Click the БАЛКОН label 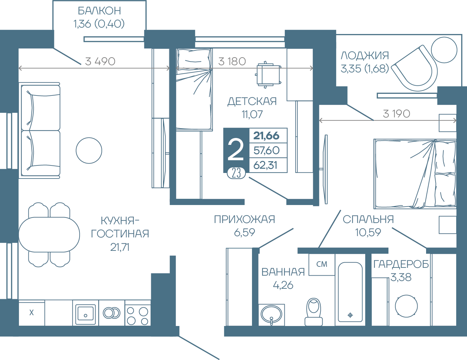pos(99,11)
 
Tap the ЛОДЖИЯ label pos(365,56)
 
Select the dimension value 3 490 pos(100,61)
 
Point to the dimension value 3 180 pos(232,61)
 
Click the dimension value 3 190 pos(397,114)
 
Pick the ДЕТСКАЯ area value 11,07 pos(252,114)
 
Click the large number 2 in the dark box pos(236,149)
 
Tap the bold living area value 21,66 pos(266,136)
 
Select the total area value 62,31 pos(265,165)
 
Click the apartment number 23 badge pos(236,173)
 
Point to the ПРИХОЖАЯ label pos(244,219)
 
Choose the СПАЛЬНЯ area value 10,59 pos(368,232)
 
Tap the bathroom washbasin pos(271,314)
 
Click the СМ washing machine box pos(322,265)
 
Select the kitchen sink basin pos(85,313)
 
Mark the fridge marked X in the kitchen pos(32,313)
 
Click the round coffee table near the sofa pos(89,150)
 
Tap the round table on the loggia pos(444,50)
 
